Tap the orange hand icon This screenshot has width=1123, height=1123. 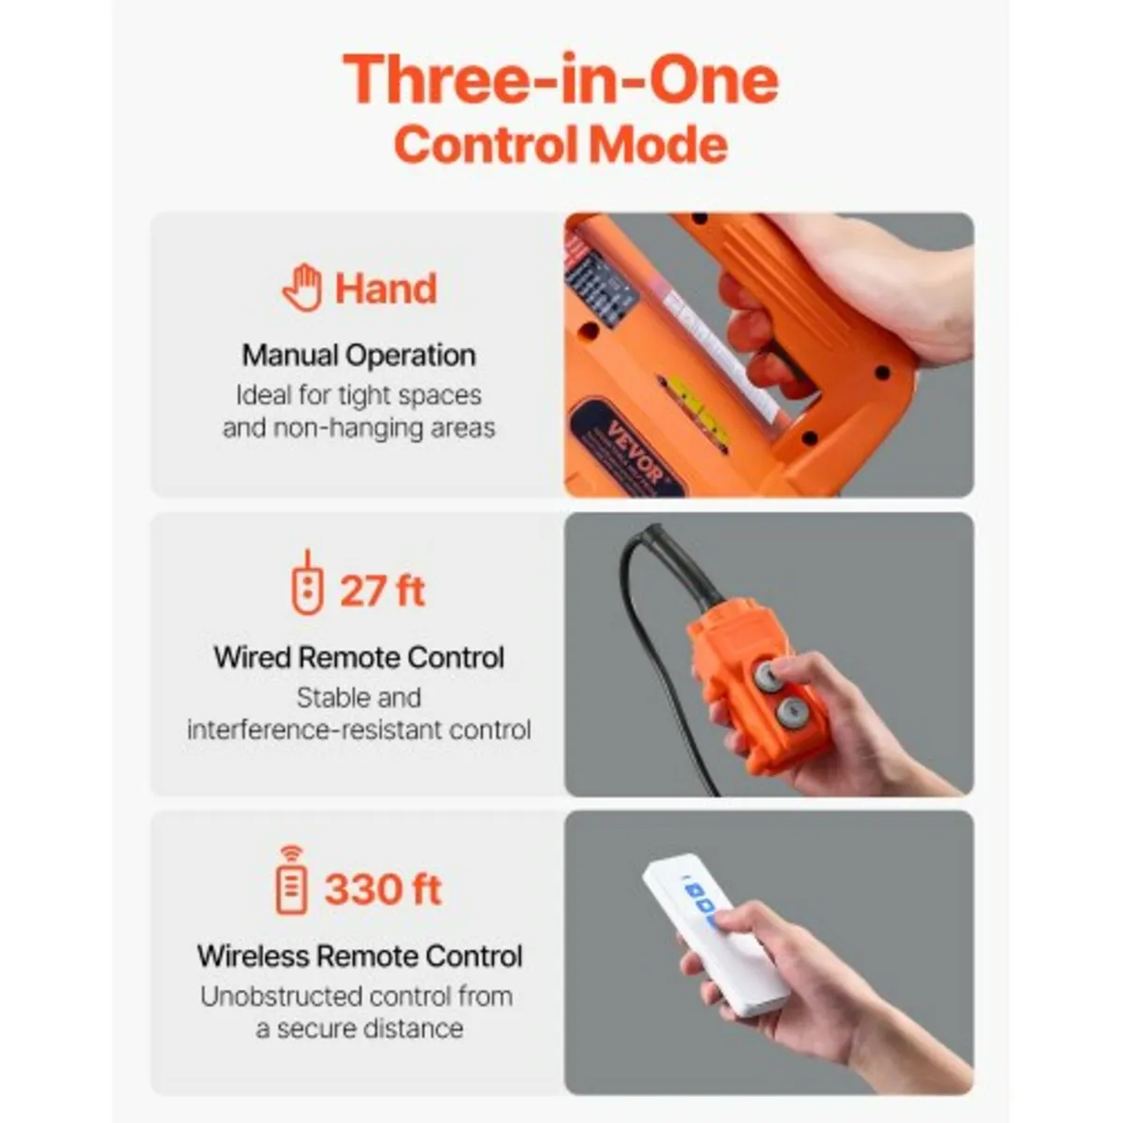[302, 287]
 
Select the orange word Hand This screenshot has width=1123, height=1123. [386, 288]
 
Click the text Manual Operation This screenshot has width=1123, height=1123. [358, 356]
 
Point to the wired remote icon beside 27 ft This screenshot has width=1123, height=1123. [307, 584]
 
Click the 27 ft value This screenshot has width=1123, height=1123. [382, 591]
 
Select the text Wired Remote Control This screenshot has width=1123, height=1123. [358, 657]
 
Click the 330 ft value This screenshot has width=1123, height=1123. [383, 889]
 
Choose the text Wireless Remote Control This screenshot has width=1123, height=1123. [359, 956]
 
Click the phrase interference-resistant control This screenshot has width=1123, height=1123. [358, 730]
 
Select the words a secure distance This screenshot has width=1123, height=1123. [359, 1028]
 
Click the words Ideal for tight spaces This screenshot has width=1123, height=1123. [358, 396]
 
